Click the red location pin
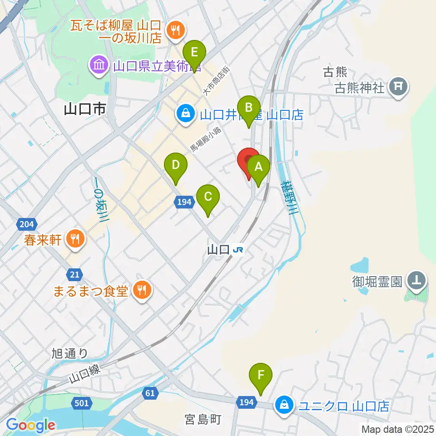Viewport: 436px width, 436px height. coord(249,161)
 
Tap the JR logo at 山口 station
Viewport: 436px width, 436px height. coord(238,249)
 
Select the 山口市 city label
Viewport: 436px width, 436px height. coord(85,109)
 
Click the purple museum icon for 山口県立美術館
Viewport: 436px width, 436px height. coord(98,65)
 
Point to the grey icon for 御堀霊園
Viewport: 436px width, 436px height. coord(417,281)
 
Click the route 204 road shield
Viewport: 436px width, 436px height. coord(27,223)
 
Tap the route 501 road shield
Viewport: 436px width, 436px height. coord(81,403)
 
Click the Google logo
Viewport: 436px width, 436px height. coord(31,425)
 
